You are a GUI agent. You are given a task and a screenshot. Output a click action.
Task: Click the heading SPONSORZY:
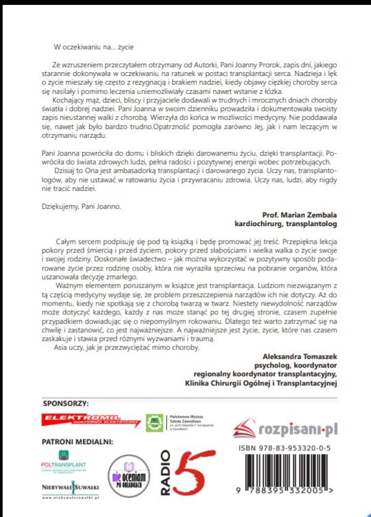[66, 403]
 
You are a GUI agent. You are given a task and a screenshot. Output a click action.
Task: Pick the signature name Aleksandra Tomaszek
[301, 356]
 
